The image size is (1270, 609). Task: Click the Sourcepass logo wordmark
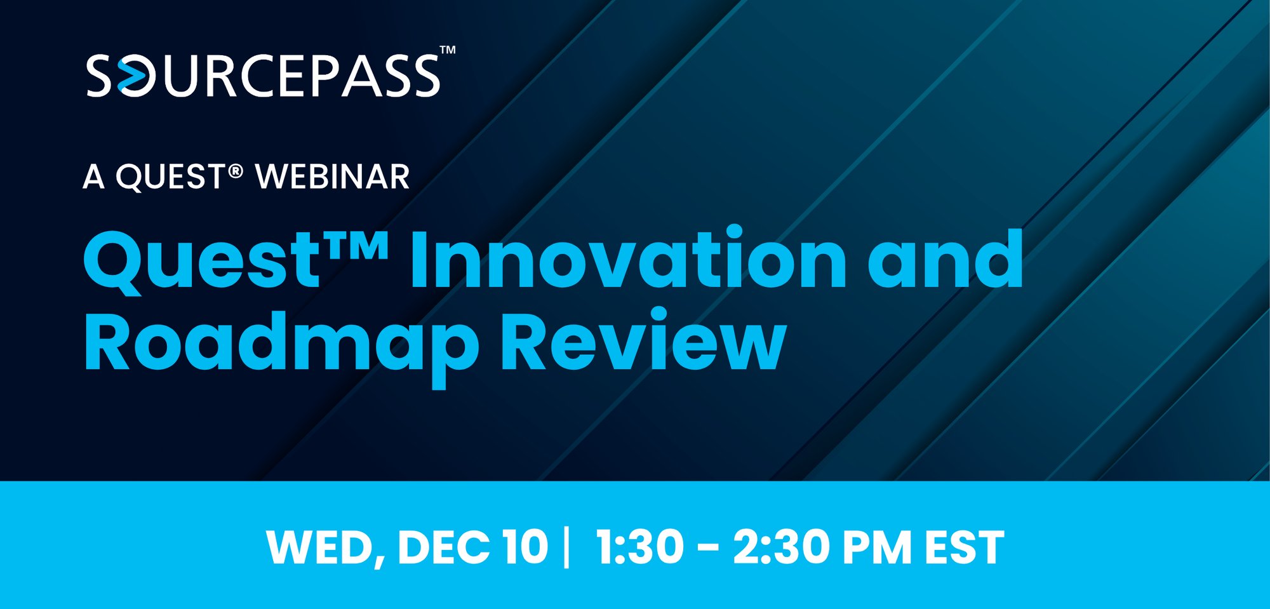tap(264, 76)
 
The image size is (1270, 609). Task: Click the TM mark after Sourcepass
tap(448, 50)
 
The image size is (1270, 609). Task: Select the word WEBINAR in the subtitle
tap(332, 177)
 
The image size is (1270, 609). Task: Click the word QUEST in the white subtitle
tap(170, 177)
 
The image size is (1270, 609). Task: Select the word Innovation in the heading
tap(627, 259)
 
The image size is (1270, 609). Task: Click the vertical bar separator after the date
tap(566, 547)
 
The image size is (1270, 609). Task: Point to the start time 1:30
tap(639, 547)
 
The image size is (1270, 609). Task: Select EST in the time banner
tap(964, 547)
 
